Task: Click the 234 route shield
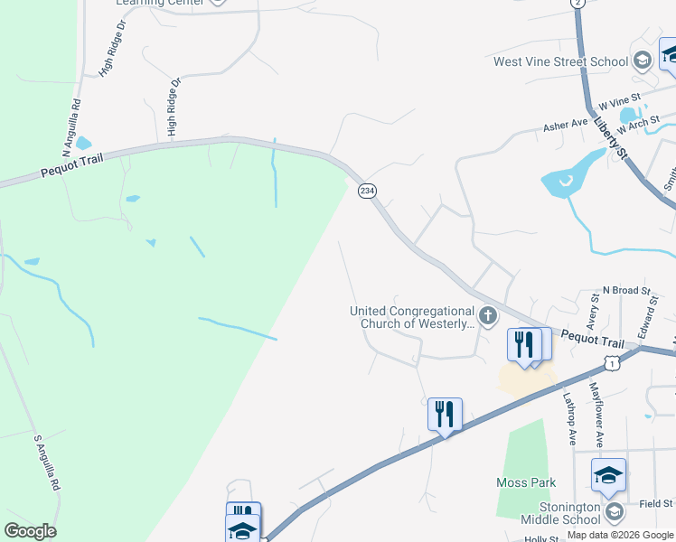point(367,191)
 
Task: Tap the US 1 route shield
point(613,362)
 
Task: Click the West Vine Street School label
point(560,62)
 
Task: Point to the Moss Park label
point(526,483)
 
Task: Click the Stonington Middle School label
point(558,513)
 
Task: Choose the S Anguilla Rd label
point(47,462)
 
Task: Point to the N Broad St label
point(627,291)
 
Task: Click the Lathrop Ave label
point(570,416)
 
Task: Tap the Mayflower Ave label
point(596,414)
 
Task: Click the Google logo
point(30,530)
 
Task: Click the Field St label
point(655,503)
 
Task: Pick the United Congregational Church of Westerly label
point(412,317)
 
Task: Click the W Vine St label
point(619,99)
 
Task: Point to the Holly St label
point(543,538)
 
